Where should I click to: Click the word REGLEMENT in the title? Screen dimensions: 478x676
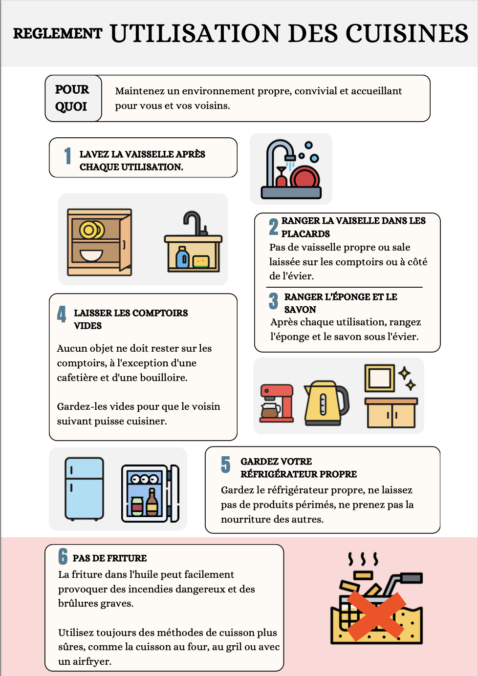(58, 34)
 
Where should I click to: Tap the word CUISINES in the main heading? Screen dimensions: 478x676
(407, 34)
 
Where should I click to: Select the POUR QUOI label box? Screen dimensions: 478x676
(72, 98)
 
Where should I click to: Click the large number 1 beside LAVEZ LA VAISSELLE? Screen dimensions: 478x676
(68, 156)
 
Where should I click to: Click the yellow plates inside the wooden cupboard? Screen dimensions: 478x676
(91, 230)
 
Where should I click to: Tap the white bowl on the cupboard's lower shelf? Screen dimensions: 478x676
(91, 255)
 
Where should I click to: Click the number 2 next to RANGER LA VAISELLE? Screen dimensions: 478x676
(274, 227)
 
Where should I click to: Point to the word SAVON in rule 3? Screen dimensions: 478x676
(300, 310)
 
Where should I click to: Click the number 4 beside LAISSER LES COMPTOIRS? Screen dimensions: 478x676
(62, 314)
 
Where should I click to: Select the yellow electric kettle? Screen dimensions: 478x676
(325, 403)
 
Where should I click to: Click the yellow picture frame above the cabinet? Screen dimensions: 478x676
(380, 378)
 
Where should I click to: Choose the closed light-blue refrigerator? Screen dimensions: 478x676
(85, 488)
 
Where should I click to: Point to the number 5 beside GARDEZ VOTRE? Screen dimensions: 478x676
(225, 465)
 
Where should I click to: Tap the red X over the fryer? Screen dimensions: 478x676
(376, 616)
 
